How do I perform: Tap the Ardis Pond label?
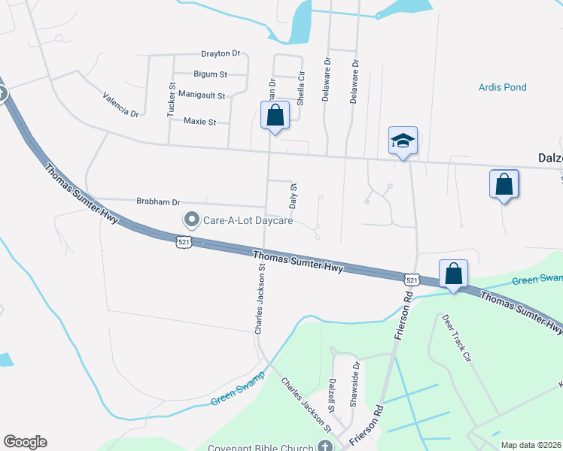pyautogui.click(x=502, y=87)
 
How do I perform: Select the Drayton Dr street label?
pyautogui.click(x=220, y=54)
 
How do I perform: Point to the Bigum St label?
pyautogui.click(x=210, y=74)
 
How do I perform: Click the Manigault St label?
pyautogui.click(x=202, y=95)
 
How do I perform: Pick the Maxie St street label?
pyautogui.click(x=199, y=121)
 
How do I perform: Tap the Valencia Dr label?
pyautogui.click(x=121, y=104)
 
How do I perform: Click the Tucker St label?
pyautogui.click(x=171, y=101)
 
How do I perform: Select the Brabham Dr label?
pyautogui.click(x=159, y=201)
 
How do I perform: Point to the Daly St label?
pyautogui.click(x=294, y=196)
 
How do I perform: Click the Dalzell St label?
pyautogui.click(x=331, y=395)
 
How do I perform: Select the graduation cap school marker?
pyautogui.click(x=403, y=141)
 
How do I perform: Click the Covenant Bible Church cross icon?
pyautogui.click(x=324, y=446)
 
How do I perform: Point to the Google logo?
pyautogui.click(x=25, y=442)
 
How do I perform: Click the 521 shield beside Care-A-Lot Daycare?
pyautogui.click(x=184, y=241)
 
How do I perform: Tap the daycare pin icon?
pyautogui.click(x=191, y=220)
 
